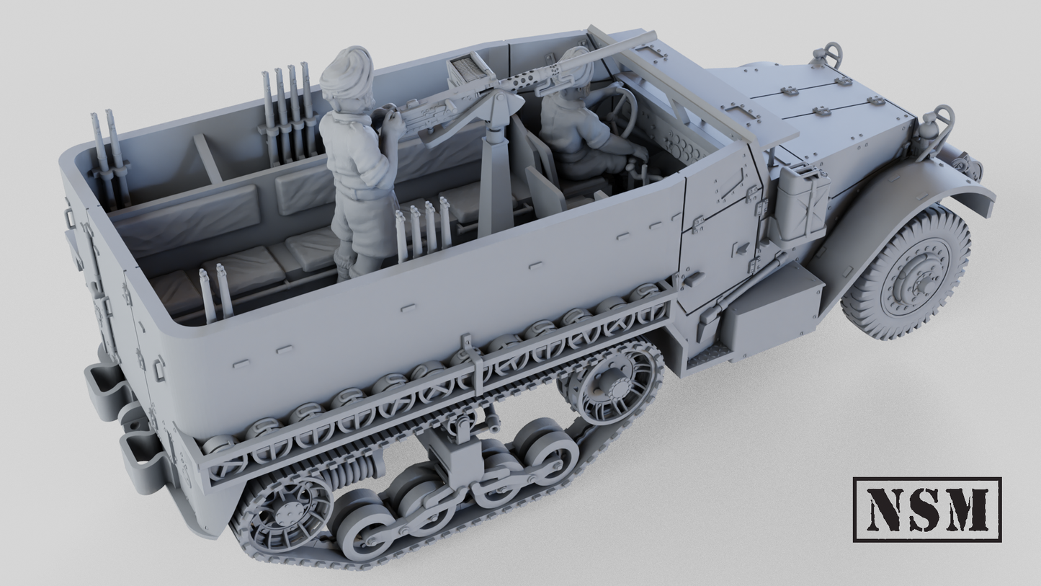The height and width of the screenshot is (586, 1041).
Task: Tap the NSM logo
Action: (926, 509)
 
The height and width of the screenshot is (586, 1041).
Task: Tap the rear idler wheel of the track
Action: (282, 512)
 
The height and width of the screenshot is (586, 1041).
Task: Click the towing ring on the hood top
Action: (828, 56)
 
